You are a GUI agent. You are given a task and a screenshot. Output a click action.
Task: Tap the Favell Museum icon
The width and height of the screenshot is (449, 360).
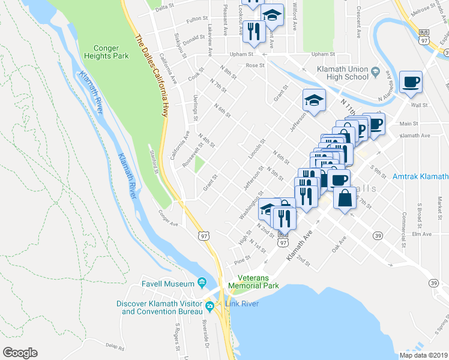tap(202, 283)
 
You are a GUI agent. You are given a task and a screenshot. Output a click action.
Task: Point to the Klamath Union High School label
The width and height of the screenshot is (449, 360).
tap(342, 73)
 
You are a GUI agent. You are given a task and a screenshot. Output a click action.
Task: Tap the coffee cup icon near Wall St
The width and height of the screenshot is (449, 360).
tap(411, 82)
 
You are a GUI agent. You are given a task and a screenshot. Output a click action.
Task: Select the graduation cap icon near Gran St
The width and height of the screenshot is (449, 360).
tap(313, 100)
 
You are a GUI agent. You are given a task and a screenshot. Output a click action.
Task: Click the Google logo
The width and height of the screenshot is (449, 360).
tap(20, 353)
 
